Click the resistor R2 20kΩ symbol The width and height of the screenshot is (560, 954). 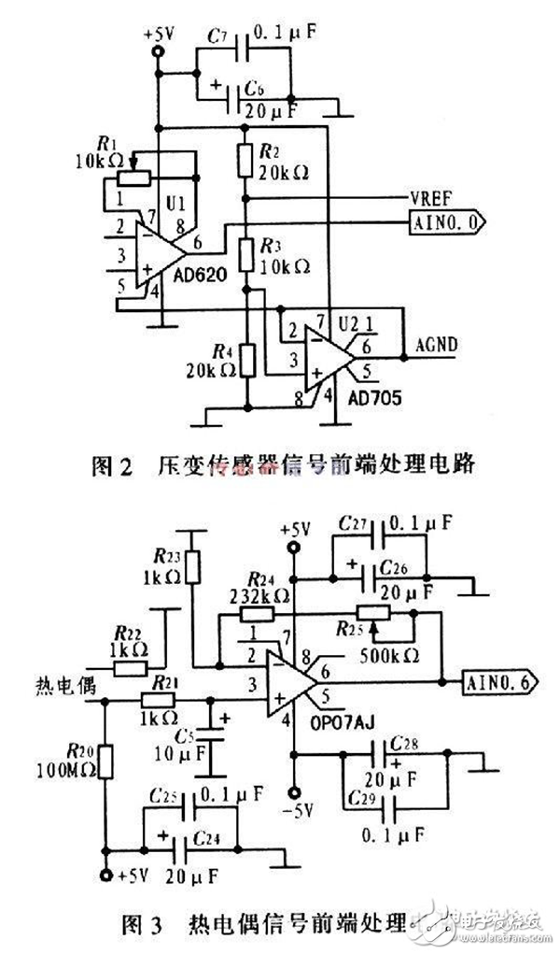(245, 159)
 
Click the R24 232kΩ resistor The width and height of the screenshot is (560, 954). (256, 614)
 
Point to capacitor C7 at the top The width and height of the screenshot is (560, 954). (245, 45)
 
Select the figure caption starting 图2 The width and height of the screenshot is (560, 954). (281, 466)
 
